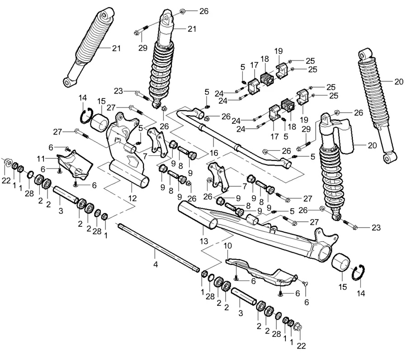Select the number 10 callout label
[x=227, y=246]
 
